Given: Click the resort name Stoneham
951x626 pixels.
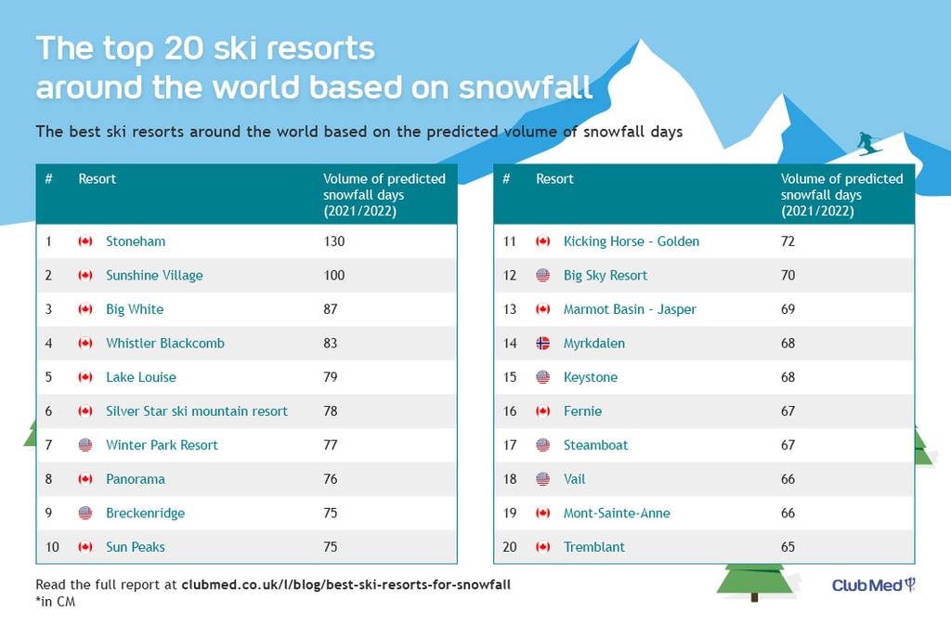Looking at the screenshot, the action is [x=136, y=241].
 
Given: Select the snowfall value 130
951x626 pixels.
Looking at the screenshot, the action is [x=334, y=241].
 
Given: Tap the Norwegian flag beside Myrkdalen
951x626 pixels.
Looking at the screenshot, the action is [x=542, y=344].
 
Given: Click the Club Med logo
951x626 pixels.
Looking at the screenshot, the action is [x=873, y=585].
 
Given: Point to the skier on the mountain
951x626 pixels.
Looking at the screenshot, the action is [x=869, y=144].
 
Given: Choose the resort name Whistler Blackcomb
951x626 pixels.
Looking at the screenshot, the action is [x=165, y=344].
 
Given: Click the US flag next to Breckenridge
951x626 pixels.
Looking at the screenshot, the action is [x=85, y=514].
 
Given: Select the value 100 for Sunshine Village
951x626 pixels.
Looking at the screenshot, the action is [x=334, y=276].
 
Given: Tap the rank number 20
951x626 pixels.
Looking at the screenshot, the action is [x=510, y=547].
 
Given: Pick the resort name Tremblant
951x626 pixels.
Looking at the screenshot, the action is [x=593, y=547].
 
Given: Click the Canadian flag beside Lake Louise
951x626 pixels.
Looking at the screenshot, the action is [x=85, y=377].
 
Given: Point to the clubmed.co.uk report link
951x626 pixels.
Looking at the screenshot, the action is [x=345, y=585].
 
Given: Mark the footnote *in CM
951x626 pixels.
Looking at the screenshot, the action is [x=55, y=602].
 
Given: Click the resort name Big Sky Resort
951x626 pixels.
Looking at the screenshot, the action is [x=606, y=276].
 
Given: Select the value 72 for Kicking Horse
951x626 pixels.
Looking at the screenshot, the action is [x=788, y=241].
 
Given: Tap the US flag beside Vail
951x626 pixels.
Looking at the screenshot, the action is [x=542, y=479].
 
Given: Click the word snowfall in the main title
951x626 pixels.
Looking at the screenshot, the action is [x=525, y=87].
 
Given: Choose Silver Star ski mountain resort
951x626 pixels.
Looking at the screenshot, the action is [x=197, y=411].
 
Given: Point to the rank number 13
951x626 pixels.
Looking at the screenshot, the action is [x=510, y=309].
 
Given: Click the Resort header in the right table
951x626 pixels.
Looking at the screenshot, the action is [x=554, y=179].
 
